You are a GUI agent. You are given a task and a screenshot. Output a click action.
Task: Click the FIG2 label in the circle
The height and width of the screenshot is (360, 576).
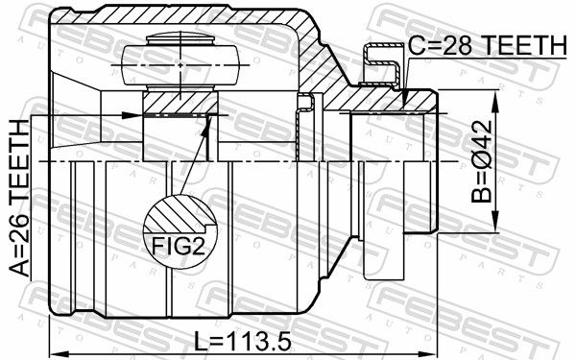[179, 246]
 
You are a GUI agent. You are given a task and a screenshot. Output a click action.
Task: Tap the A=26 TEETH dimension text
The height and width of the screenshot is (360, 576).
[19, 199]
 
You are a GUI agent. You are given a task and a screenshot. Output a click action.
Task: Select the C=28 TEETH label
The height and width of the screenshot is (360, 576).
[488, 44]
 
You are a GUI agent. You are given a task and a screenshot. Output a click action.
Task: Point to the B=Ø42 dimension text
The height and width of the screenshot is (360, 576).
[482, 161]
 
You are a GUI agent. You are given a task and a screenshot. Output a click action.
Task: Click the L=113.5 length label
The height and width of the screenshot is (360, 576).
[243, 341]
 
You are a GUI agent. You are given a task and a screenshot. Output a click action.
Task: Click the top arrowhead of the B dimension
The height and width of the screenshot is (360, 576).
[495, 100]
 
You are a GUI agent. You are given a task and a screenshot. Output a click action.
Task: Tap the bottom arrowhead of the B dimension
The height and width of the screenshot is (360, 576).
[495, 223]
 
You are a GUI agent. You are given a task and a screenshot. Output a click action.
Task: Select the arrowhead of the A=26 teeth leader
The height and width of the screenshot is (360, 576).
[132, 115]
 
